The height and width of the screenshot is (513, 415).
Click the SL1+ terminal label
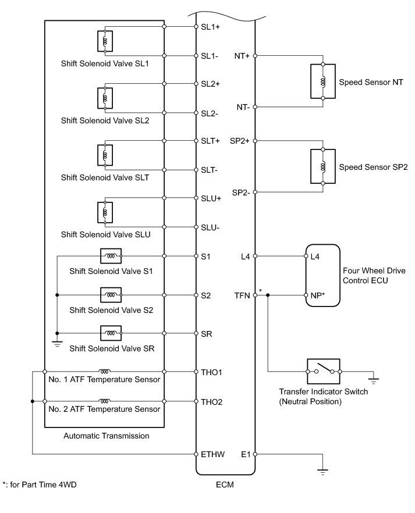(210, 27)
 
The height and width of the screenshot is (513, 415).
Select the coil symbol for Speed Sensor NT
(322, 81)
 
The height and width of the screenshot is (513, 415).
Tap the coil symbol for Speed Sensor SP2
(322, 166)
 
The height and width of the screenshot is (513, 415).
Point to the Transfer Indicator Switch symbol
(323, 370)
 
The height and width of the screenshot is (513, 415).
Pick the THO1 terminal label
(212, 371)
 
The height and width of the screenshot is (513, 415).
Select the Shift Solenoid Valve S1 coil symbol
(111, 255)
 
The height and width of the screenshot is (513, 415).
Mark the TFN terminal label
(242, 295)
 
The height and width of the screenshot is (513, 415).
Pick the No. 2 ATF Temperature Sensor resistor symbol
(105, 401)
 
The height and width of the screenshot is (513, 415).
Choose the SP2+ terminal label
(240, 141)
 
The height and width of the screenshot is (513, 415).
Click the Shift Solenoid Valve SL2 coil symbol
(105, 98)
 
